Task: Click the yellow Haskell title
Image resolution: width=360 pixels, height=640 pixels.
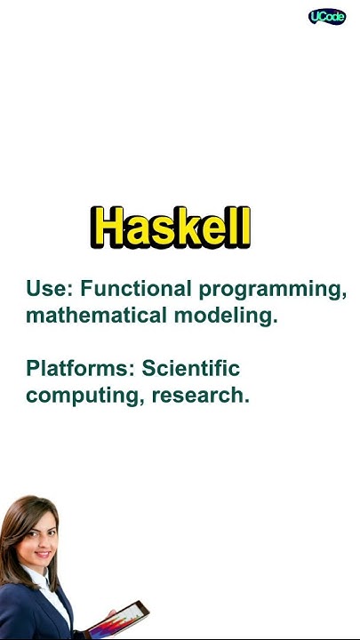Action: (x=171, y=228)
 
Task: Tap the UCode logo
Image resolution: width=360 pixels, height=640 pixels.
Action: (x=327, y=17)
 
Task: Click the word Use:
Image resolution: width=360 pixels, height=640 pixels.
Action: (x=50, y=289)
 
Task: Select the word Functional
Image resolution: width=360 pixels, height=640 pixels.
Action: (x=136, y=289)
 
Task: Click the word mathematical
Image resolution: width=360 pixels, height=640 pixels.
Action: (x=99, y=316)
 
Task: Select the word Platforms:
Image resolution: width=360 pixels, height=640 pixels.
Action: (x=79, y=368)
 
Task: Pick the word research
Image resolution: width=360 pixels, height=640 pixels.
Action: (x=201, y=396)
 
